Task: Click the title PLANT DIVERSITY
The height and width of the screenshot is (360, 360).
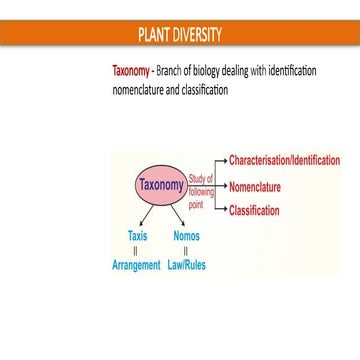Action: click(179, 41)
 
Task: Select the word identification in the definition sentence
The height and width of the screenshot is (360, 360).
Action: click(292, 72)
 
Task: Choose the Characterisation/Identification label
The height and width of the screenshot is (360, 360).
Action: click(284, 160)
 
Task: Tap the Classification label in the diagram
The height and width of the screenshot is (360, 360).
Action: click(254, 211)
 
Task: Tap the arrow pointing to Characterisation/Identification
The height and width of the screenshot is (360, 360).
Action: click(221, 160)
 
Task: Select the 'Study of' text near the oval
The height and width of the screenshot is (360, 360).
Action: click(197, 176)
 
